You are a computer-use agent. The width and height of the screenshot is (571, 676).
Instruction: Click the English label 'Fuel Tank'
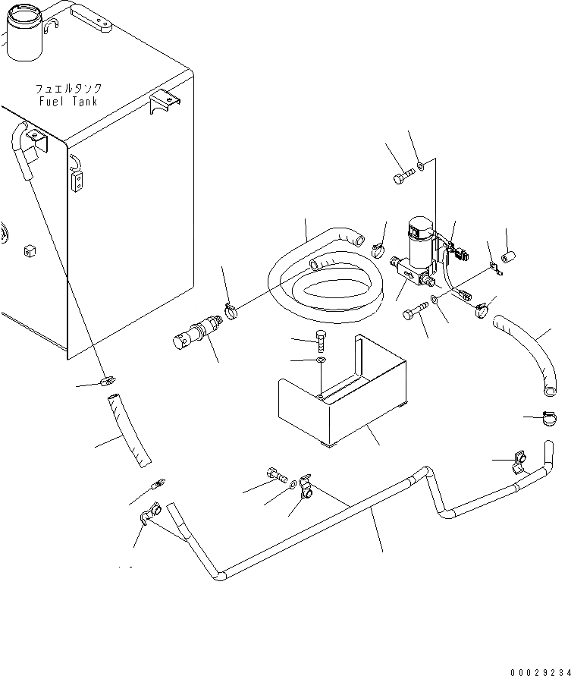click(x=67, y=102)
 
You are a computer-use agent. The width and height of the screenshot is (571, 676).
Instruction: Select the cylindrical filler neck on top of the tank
click(x=24, y=34)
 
